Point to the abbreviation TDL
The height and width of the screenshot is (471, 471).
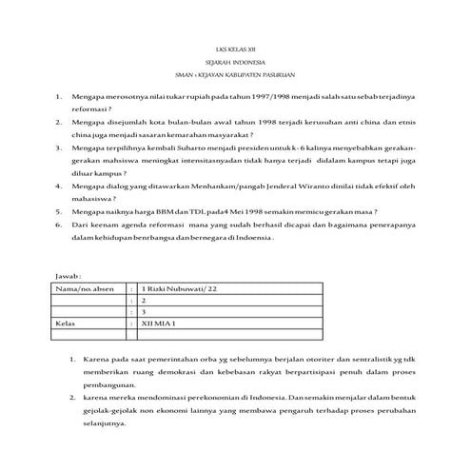coord(193,211)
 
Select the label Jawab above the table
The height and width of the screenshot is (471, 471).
coord(69,274)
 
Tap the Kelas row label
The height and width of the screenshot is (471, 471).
coord(68,324)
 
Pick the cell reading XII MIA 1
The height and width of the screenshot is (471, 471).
coord(160,324)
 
